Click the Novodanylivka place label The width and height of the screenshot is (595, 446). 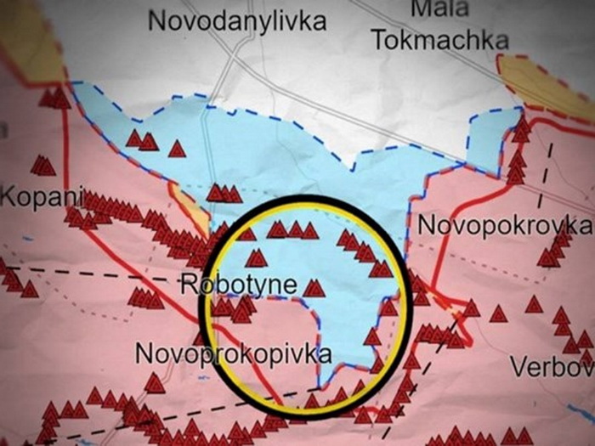tap(237, 20)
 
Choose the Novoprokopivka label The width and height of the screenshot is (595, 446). tap(232, 353)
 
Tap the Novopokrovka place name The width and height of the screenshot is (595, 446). tap(505, 225)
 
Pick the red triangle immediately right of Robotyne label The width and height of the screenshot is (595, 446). tap(314, 288)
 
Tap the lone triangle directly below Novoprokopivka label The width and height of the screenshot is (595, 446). tap(154, 383)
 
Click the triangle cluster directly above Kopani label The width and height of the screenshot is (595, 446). tap(42, 165)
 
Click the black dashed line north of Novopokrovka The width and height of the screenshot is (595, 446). tap(548, 166)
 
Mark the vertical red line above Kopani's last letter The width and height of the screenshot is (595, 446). tap(65, 153)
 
